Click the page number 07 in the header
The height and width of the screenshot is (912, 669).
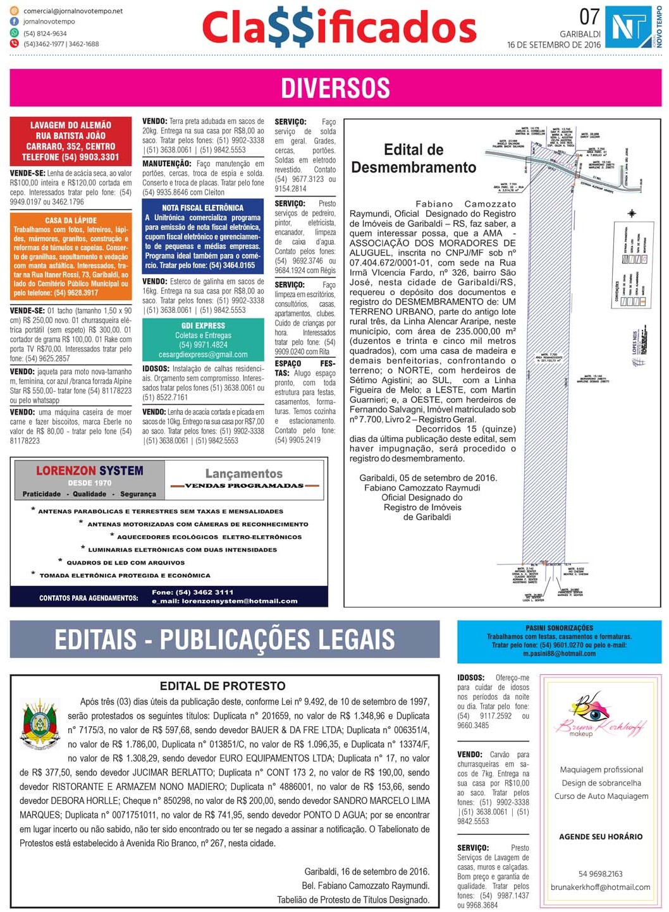pyautogui.click(x=589, y=16)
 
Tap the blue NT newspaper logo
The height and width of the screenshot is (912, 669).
pyautogui.click(x=629, y=27)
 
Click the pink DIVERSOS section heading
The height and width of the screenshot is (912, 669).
pyautogui.click(x=335, y=88)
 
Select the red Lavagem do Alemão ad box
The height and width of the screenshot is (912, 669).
pyautogui.click(x=71, y=141)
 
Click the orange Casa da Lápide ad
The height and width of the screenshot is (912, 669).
pyautogui.click(x=71, y=256)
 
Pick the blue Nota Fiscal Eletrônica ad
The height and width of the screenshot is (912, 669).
pyautogui.click(x=203, y=236)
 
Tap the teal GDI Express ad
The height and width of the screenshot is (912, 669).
pyautogui.click(x=203, y=340)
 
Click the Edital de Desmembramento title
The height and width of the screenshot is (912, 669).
pyautogui.click(x=414, y=159)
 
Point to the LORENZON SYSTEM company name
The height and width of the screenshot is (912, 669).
pyautogui.click(x=90, y=471)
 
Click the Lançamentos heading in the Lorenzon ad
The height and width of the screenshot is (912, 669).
pyautogui.click(x=244, y=473)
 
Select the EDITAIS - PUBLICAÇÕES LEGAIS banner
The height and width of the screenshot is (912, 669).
pyautogui.click(x=224, y=640)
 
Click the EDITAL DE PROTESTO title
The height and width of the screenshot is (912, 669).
pyautogui.click(x=223, y=686)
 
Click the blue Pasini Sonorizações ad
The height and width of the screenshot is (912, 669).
pyautogui.click(x=559, y=641)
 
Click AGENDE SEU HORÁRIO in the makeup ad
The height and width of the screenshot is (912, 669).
pyautogui.click(x=600, y=836)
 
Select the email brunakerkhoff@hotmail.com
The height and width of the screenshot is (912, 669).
pyautogui.click(x=600, y=887)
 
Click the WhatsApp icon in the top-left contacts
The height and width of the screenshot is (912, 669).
pyautogui.click(x=15, y=33)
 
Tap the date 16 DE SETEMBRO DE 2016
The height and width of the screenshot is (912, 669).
pyautogui.click(x=554, y=45)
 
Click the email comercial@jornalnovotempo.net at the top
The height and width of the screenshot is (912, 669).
pyautogui.click(x=73, y=11)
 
